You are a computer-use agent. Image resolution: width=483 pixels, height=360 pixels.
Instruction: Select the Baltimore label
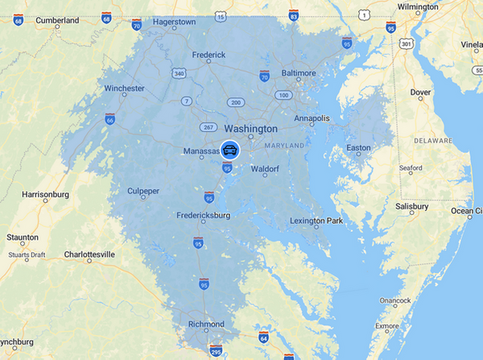tap(298, 72)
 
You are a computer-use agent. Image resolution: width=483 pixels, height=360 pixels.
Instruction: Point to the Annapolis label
tap(311, 118)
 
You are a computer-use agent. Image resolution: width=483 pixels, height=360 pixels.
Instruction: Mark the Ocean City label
tap(465, 211)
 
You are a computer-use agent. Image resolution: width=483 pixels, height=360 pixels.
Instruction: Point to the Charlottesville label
tap(89, 254)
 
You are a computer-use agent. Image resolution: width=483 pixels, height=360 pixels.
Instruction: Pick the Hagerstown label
tap(174, 22)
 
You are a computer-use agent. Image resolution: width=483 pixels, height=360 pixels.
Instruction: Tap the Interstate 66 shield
tap(109, 119)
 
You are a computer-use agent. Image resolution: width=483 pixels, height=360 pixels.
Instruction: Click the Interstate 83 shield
tap(294, 16)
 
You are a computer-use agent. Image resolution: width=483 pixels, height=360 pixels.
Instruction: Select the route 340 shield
tap(178, 73)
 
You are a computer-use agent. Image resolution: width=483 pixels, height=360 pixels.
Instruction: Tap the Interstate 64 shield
tap(263, 334)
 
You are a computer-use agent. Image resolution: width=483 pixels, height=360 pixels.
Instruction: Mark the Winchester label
tap(125, 89)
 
